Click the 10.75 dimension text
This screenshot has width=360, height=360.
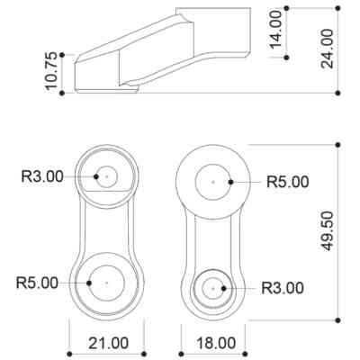[51, 71]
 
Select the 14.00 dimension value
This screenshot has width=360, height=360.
[275, 30]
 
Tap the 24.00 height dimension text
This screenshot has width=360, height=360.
[327, 49]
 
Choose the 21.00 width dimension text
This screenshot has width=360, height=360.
[109, 343]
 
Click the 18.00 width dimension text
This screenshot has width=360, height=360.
[216, 343]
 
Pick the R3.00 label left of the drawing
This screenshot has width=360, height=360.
[42, 176]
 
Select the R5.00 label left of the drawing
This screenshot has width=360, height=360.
[37, 283]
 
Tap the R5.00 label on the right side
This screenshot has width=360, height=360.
[288, 182]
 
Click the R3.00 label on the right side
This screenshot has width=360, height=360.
[283, 288]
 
